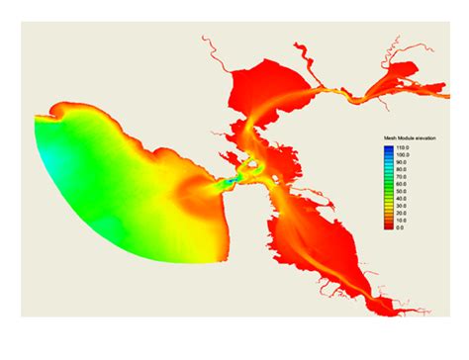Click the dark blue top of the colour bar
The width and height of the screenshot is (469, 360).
tap(388, 148)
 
